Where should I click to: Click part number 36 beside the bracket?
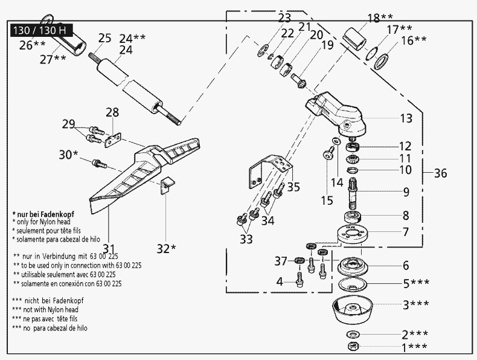pyautogui.click(x=441, y=173)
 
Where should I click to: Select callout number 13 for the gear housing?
pyautogui.click(x=406, y=118)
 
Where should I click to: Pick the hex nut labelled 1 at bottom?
pyautogui.click(x=352, y=346)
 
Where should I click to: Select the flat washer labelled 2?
pyautogui.click(x=351, y=334)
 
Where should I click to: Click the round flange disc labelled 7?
pyautogui.click(x=353, y=234)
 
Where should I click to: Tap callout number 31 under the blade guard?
pyautogui.click(x=109, y=248)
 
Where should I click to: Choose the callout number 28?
pyautogui.click(x=112, y=112)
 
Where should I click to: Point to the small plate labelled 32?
pyautogui.click(x=167, y=184)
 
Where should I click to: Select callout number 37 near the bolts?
pyautogui.click(x=280, y=261)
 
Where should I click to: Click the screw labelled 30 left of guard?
pyautogui.click(x=98, y=162)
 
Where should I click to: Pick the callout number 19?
pyautogui.click(x=327, y=45)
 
